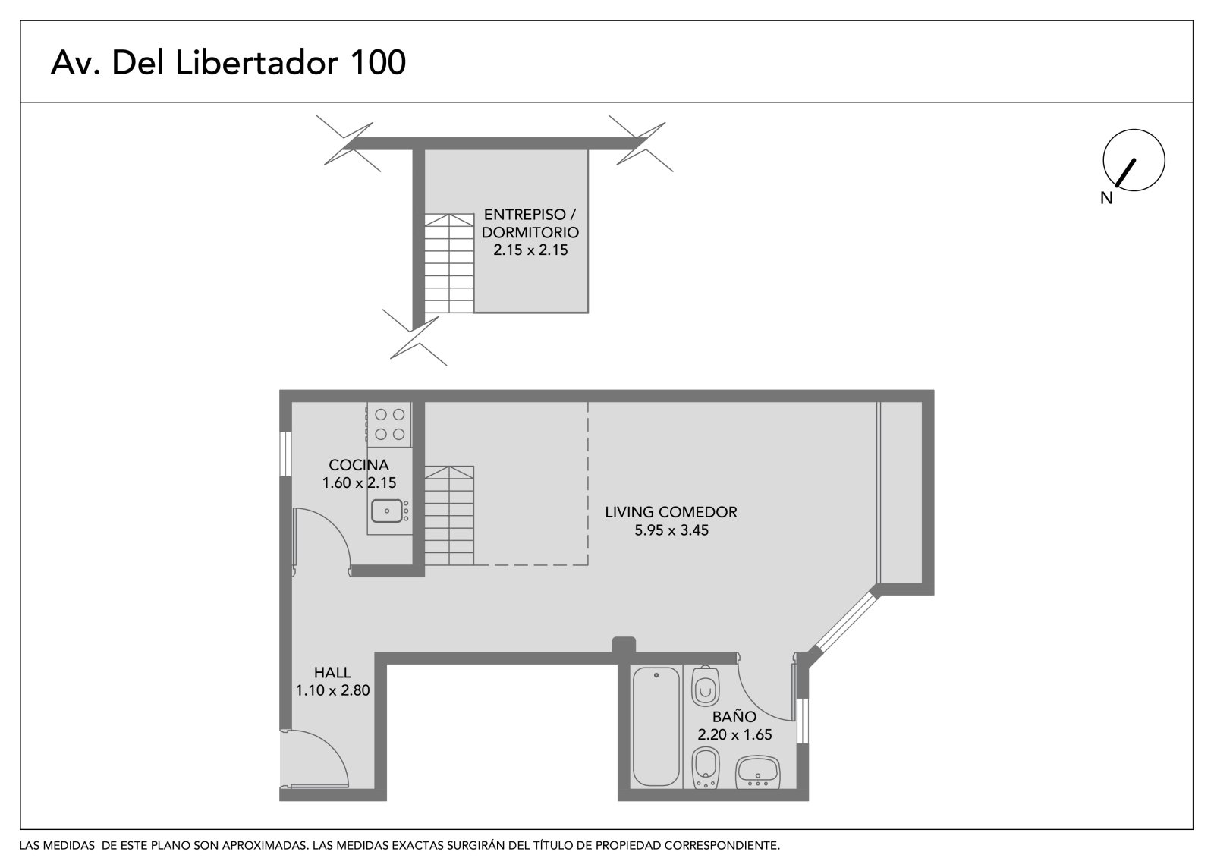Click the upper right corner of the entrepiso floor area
(x=588, y=150)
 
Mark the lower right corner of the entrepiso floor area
(x=588, y=313)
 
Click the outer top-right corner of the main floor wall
(x=934, y=390)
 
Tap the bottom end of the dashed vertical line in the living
(x=588, y=565)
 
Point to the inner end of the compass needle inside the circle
(x=1134, y=160)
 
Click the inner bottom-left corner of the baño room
(x=631, y=789)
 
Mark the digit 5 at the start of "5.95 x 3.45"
(x=639, y=530)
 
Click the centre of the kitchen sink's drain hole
(x=387, y=511)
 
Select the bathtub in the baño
(x=656, y=727)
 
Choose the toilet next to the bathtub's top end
(x=706, y=687)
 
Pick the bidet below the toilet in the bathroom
(x=706, y=768)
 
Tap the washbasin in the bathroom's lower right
(x=758, y=772)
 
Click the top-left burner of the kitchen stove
(x=381, y=415)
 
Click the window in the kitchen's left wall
(x=285, y=454)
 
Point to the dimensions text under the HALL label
(x=333, y=690)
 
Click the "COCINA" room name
(x=359, y=465)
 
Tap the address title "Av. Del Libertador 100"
(x=228, y=62)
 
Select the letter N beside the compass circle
(x=1106, y=198)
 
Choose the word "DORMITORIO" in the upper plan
(x=530, y=233)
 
